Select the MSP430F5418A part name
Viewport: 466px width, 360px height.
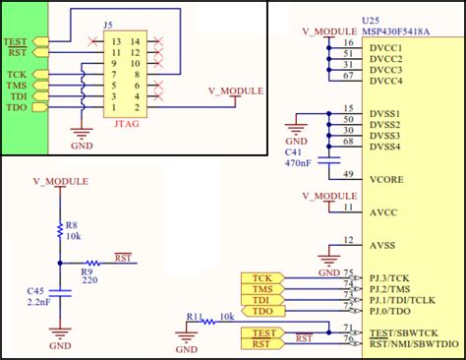click(x=397, y=30)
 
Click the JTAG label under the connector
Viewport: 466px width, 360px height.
click(x=128, y=124)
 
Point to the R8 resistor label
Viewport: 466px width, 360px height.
click(x=72, y=225)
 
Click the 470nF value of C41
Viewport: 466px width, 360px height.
click(x=298, y=163)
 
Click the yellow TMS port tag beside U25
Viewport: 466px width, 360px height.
click(x=262, y=289)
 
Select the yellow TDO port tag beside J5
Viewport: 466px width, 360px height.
click(x=17, y=106)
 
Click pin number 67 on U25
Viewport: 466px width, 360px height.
click(x=349, y=75)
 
